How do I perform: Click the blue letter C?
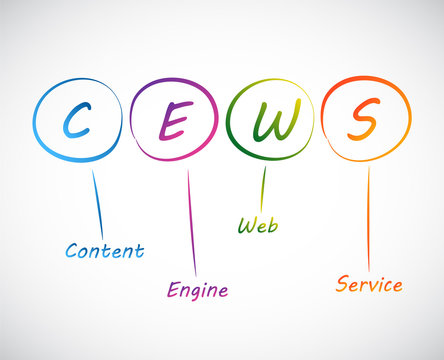(76, 121)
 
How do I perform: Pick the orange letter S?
(365, 121)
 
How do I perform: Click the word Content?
(104, 250)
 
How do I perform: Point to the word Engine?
(197, 290)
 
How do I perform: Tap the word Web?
(257, 224)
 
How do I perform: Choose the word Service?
(369, 284)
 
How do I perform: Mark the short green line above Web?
(264, 188)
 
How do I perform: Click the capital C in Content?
(72, 250)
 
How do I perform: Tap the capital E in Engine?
(171, 290)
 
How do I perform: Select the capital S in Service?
(342, 284)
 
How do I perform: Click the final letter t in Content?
(138, 250)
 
